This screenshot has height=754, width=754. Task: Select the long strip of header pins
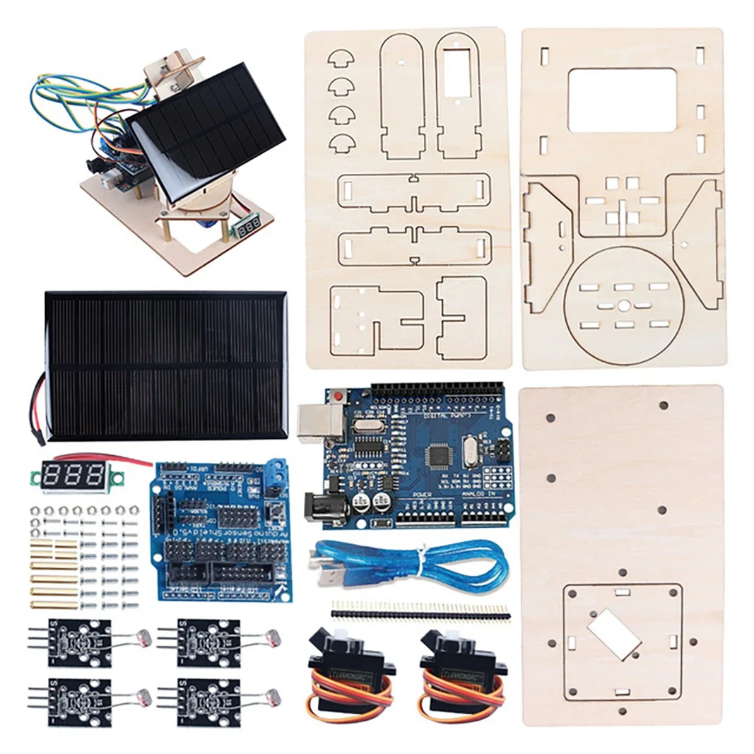420,611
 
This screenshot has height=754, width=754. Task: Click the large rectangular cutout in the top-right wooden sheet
621,100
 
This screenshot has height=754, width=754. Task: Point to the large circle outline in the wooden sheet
625,305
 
